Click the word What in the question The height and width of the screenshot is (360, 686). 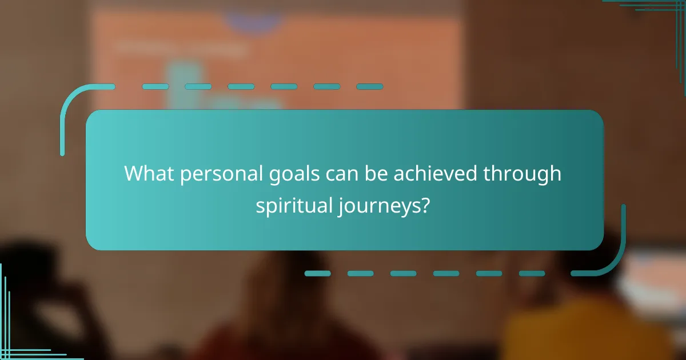(x=150, y=174)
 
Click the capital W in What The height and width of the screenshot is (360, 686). (x=135, y=174)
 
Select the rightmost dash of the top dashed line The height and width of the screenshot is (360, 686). (x=369, y=87)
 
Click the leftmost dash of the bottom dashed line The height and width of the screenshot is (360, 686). (x=317, y=274)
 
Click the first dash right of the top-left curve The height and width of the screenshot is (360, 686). (x=155, y=87)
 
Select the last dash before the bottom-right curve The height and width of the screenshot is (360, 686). (x=532, y=274)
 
